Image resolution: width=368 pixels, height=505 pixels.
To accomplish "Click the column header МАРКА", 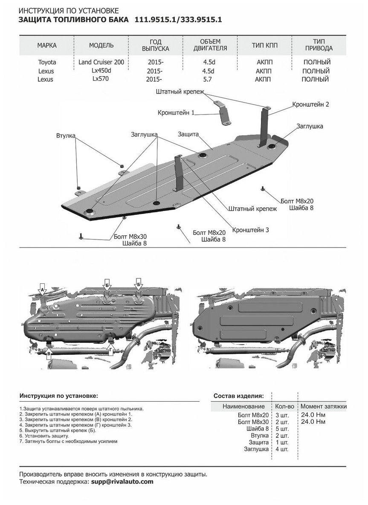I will pyautogui.click(x=46, y=46).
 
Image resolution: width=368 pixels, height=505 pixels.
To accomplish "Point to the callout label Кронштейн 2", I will pyautogui.click(x=311, y=104).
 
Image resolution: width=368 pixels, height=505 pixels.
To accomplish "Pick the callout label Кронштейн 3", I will pyautogui.click(x=250, y=230).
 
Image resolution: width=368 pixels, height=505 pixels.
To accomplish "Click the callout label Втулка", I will pyautogui.click(x=65, y=136).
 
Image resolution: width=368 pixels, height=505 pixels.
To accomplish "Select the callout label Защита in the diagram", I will pyautogui.click(x=188, y=134).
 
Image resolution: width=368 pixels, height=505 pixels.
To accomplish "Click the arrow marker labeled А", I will pyautogui.click(x=41, y=290).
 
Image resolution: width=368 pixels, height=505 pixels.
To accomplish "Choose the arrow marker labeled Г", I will pyautogui.click(x=111, y=350).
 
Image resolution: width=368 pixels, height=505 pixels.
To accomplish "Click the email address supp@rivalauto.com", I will pyautogui.click(x=122, y=482).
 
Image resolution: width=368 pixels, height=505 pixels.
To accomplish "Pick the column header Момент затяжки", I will pyautogui.click(x=323, y=406).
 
